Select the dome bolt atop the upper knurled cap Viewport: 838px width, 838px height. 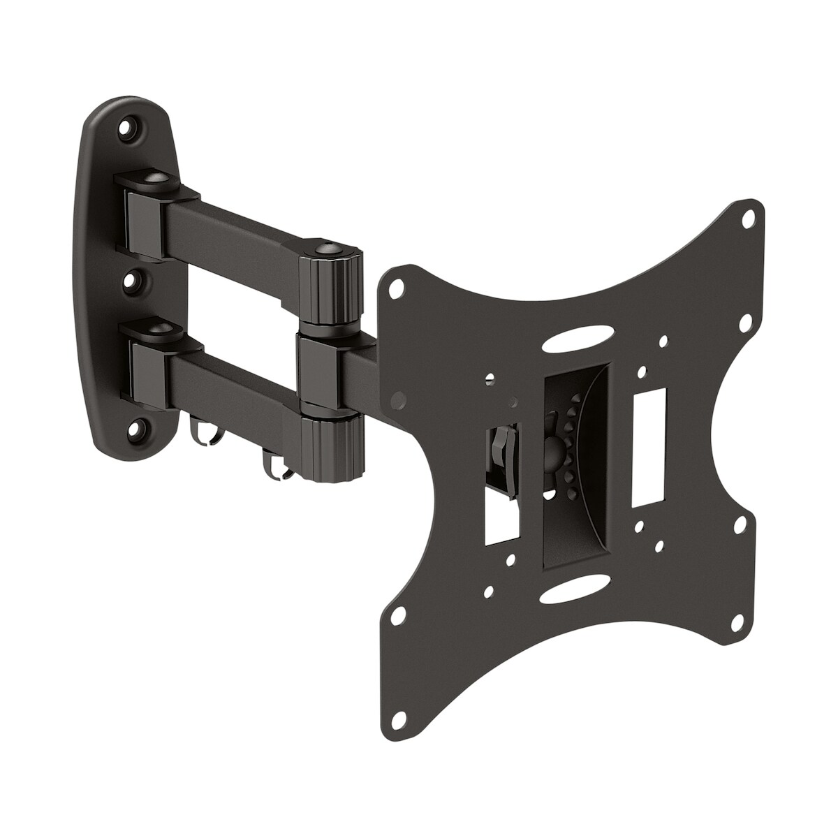pyautogui.click(x=326, y=250)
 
